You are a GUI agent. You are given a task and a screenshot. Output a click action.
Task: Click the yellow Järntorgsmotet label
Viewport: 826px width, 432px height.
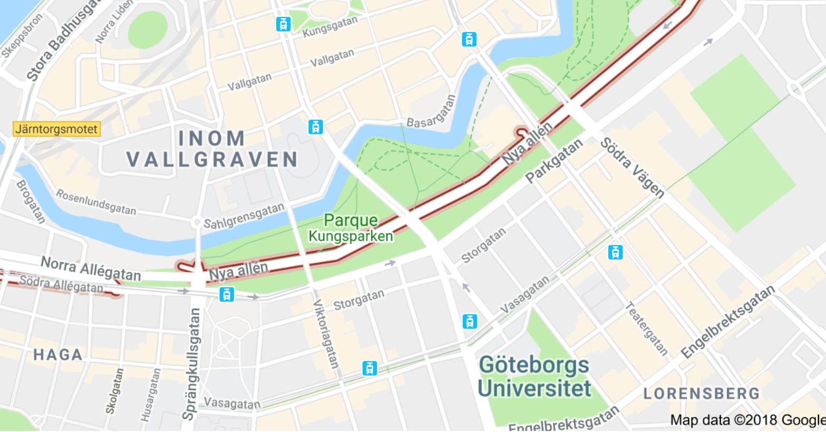click(56, 129)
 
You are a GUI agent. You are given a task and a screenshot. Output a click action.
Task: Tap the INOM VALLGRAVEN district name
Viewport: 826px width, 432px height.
click(212, 149)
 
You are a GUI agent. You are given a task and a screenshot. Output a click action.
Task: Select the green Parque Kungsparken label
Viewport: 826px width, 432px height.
click(351, 228)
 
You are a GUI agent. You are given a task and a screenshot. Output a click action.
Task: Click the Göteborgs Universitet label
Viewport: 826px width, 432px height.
click(533, 377)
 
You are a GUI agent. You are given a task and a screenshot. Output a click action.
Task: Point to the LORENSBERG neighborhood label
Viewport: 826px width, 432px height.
click(701, 393)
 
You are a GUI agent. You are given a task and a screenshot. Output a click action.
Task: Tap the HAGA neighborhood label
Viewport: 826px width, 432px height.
click(58, 354)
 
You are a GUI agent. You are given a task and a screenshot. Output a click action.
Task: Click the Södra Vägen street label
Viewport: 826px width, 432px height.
click(632, 167)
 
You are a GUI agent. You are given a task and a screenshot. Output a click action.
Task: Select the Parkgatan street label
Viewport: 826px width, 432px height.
click(555, 161)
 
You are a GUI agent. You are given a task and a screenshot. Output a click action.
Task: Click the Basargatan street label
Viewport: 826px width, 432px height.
click(431, 113)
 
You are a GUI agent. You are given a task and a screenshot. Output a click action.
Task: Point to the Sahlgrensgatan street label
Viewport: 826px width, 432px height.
click(244, 216)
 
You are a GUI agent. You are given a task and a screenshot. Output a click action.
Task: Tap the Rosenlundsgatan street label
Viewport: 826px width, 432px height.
click(96, 202)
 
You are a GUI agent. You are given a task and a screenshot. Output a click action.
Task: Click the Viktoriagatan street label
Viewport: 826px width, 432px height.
click(325, 333)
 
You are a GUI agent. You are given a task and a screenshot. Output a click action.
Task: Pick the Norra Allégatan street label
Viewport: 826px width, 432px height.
click(91, 269)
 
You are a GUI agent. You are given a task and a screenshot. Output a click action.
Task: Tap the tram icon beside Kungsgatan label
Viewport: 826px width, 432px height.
click(284, 24)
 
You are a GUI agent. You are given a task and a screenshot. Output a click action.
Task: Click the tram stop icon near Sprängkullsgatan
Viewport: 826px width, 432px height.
click(227, 294)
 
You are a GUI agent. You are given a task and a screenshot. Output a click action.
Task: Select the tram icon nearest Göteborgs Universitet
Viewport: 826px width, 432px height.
click(469, 321)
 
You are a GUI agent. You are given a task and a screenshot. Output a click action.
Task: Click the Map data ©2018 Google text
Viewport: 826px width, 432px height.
click(747, 420)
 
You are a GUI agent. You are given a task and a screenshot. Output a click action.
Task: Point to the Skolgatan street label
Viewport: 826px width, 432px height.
click(114, 391)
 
